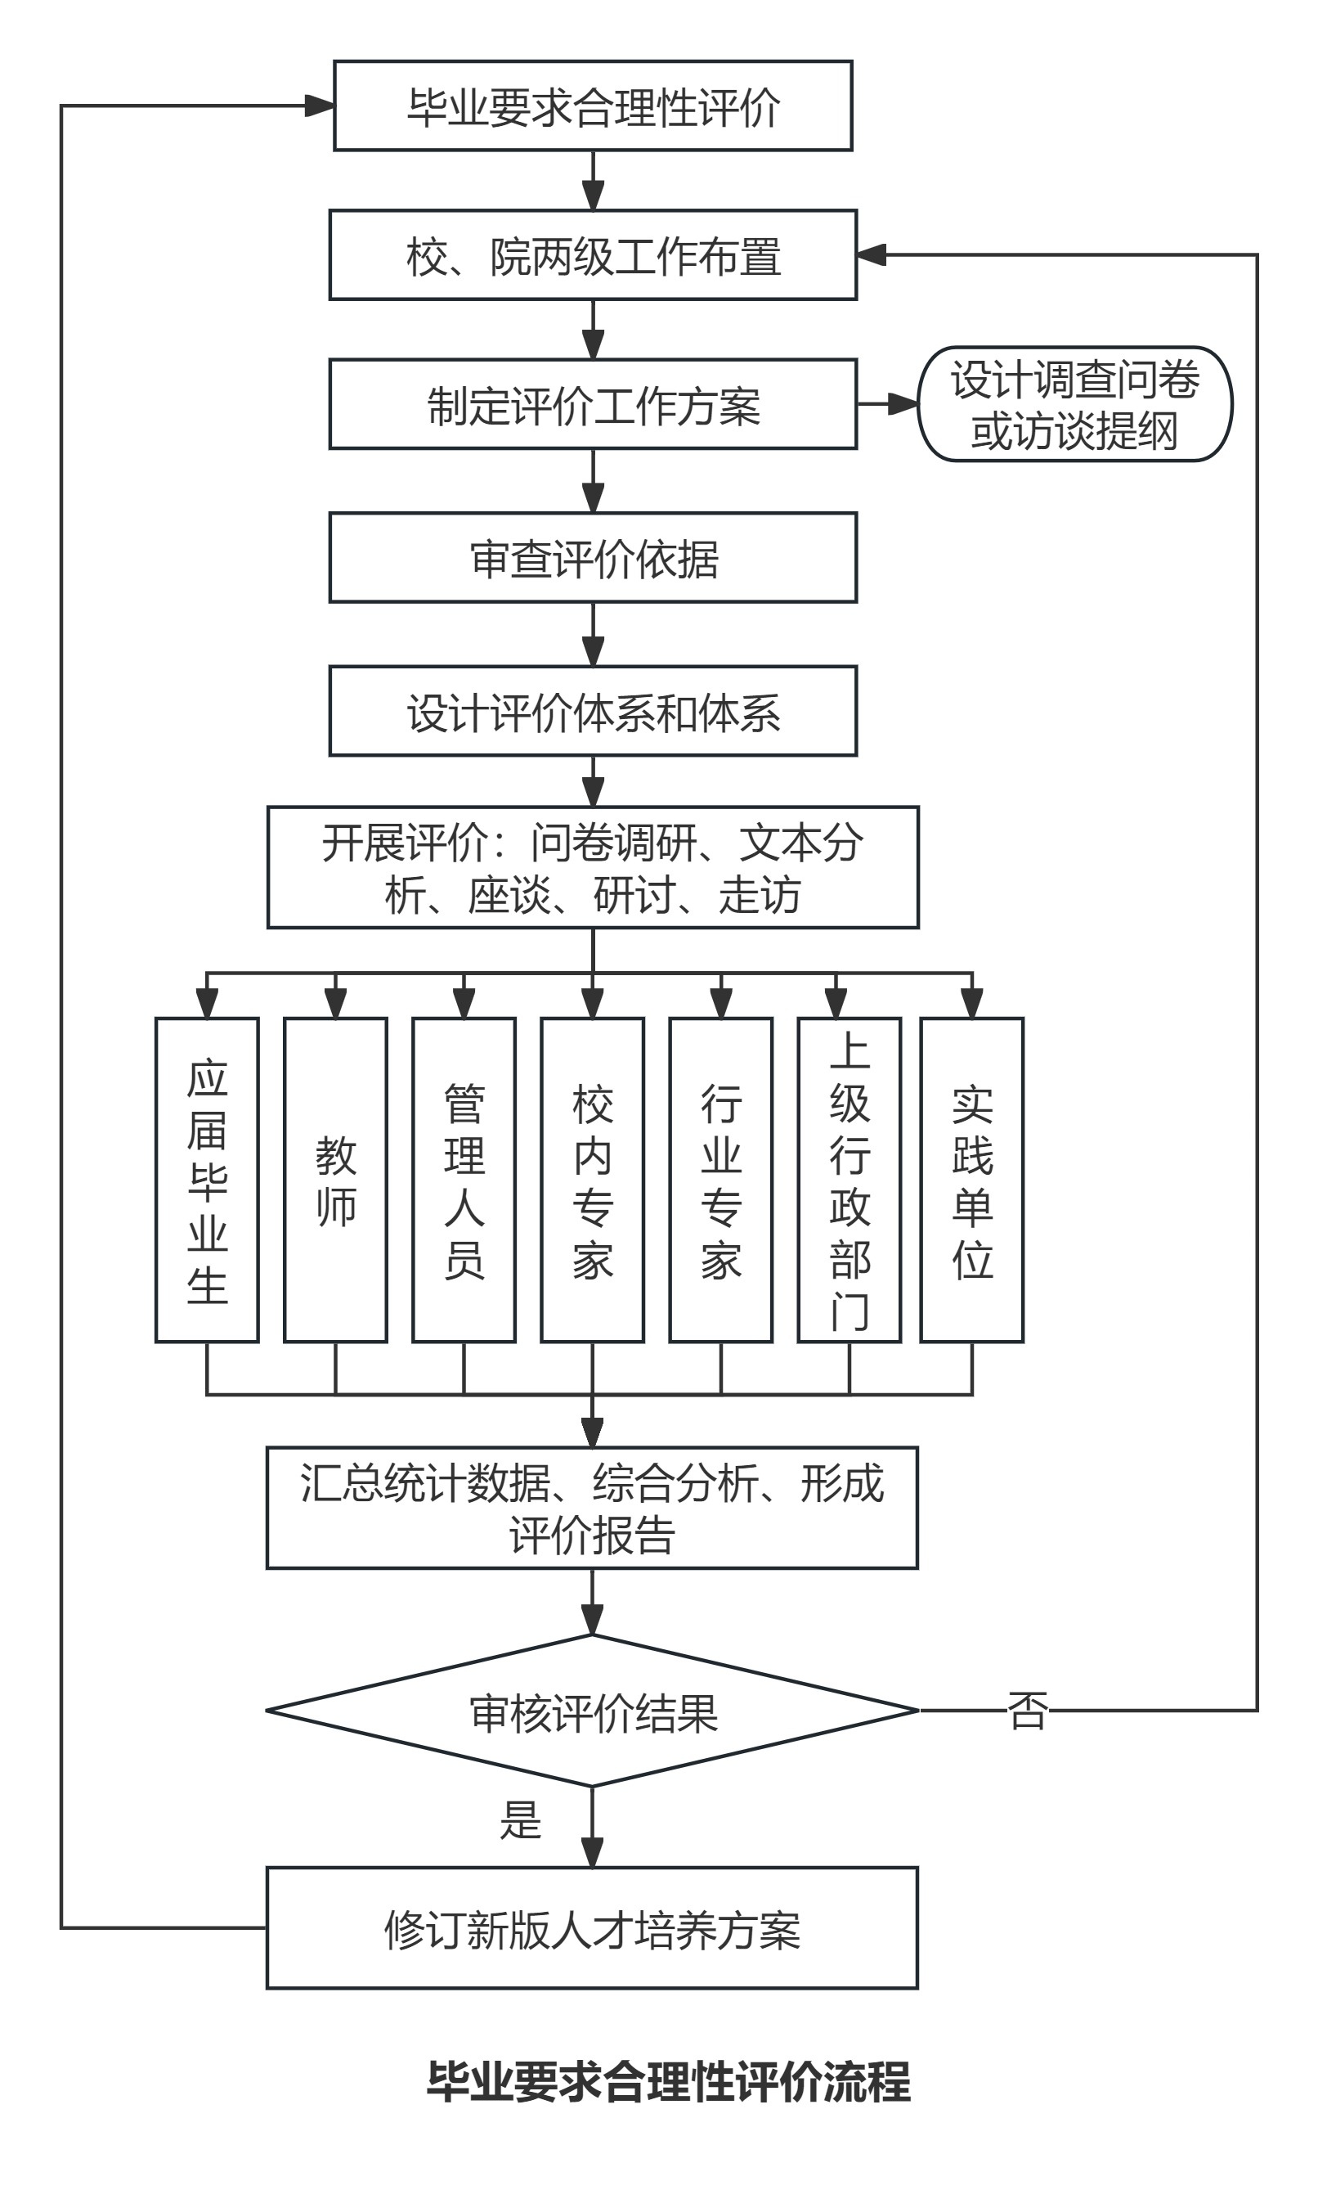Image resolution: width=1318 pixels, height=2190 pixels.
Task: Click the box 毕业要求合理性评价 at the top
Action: pos(594,106)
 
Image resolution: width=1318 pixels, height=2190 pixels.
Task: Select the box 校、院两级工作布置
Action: pos(594,255)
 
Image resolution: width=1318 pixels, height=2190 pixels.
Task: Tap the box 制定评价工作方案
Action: pos(594,404)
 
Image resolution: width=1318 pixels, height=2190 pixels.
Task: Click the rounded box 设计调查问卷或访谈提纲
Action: pos(1074,404)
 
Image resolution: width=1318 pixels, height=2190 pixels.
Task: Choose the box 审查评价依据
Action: pos(594,558)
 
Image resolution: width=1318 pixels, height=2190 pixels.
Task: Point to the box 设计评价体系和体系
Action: pos(594,712)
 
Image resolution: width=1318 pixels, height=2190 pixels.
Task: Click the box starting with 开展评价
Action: pos(594,868)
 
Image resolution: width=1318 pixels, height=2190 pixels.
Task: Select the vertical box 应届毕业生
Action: pos(207,1180)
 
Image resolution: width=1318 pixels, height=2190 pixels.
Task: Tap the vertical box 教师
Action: pos(336,1180)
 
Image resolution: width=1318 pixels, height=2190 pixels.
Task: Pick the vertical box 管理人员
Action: pos(464,1180)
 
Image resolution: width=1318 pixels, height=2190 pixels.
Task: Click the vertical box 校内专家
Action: pos(593,1180)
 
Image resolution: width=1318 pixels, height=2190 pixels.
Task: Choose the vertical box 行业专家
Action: pos(721,1180)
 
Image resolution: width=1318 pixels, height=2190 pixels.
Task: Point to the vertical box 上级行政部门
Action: pos(849,1180)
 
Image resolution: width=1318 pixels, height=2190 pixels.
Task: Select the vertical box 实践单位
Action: pos(972,1180)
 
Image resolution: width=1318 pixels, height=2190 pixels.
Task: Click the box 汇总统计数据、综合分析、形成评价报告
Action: pos(593,1509)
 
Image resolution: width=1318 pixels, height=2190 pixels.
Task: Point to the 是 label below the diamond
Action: pos(521,1820)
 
